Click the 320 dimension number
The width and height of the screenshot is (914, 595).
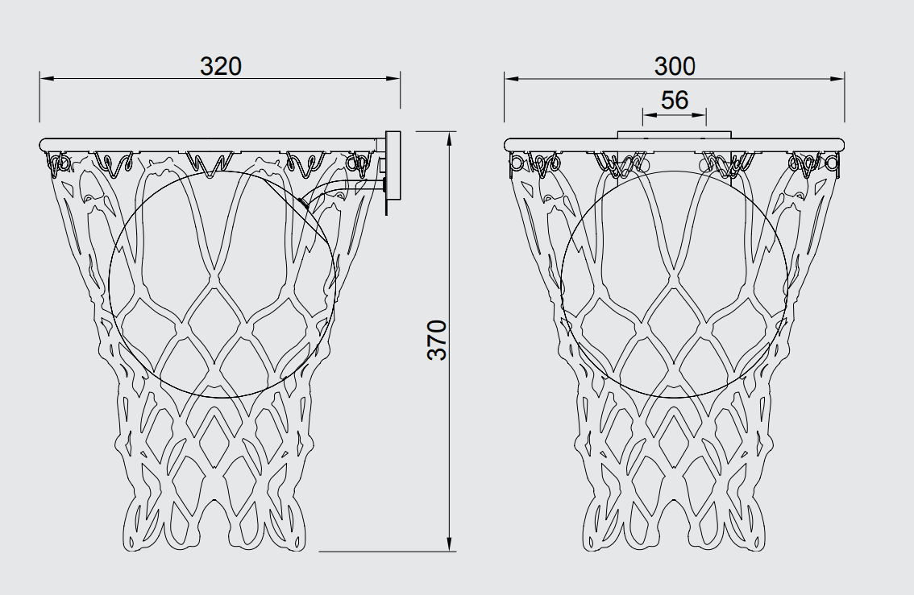tap(220, 66)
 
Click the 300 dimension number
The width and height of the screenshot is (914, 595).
tap(675, 66)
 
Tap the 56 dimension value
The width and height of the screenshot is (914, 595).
tap(675, 100)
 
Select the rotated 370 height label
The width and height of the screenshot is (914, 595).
tap(437, 340)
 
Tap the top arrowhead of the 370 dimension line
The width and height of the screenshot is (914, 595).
tap(450, 138)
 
